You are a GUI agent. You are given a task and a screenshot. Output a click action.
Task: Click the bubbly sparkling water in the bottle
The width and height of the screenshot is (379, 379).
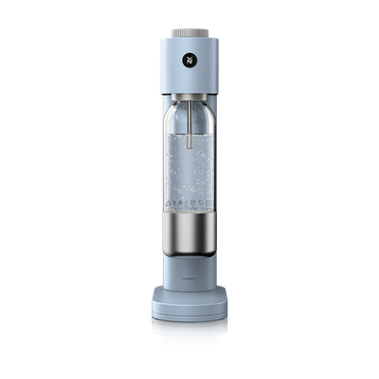189,180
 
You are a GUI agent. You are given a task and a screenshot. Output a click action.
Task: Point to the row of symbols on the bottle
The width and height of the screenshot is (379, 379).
189,203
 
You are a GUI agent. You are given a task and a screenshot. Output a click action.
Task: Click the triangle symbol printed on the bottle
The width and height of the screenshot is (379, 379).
171,203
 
